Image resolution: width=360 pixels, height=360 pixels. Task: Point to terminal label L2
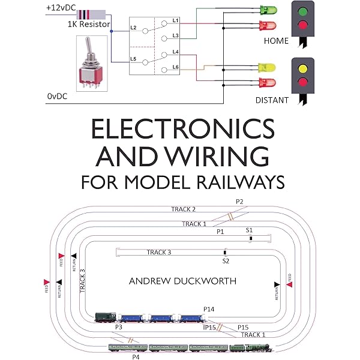point(134,28)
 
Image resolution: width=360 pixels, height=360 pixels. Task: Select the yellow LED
point(266,67)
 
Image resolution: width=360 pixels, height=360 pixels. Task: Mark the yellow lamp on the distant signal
point(304,68)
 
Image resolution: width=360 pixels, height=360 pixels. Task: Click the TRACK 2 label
point(184,209)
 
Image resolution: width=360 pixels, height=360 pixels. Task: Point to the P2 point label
point(239,202)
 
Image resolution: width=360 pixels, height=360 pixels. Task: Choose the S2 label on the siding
point(226,261)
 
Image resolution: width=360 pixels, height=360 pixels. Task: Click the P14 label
point(208,308)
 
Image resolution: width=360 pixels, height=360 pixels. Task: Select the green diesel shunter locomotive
point(106,317)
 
